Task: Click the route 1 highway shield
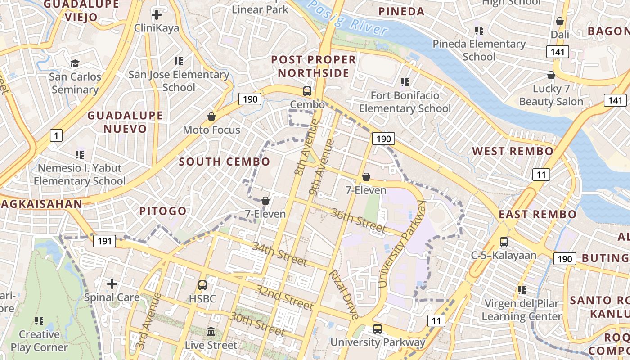click(56, 135)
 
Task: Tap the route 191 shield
click(104, 241)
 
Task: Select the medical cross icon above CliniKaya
click(157, 15)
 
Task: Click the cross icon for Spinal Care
click(112, 284)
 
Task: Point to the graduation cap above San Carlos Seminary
click(75, 63)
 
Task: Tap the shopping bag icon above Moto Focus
click(211, 117)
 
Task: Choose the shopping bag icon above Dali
click(560, 21)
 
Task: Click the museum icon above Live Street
click(211, 332)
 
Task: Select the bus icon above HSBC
click(202, 285)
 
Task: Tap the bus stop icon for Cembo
click(307, 91)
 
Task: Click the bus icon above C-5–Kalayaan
click(504, 242)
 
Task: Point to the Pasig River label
click(348, 18)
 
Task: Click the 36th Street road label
click(358, 220)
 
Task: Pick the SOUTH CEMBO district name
click(225, 162)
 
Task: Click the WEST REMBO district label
click(513, 151)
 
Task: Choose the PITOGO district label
click(163, 211)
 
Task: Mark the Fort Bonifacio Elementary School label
click(405, 102)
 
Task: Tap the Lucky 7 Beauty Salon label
click(551, 95)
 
